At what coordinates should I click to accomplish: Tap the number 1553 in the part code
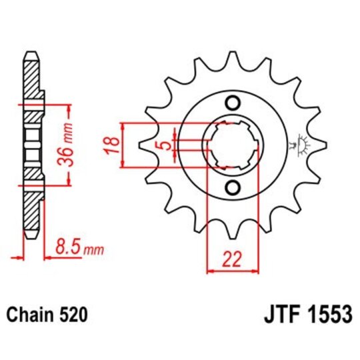tap(325, 313)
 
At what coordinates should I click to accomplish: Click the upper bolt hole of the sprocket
tap(233, 103)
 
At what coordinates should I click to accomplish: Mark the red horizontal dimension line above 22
tap(233, 270)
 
